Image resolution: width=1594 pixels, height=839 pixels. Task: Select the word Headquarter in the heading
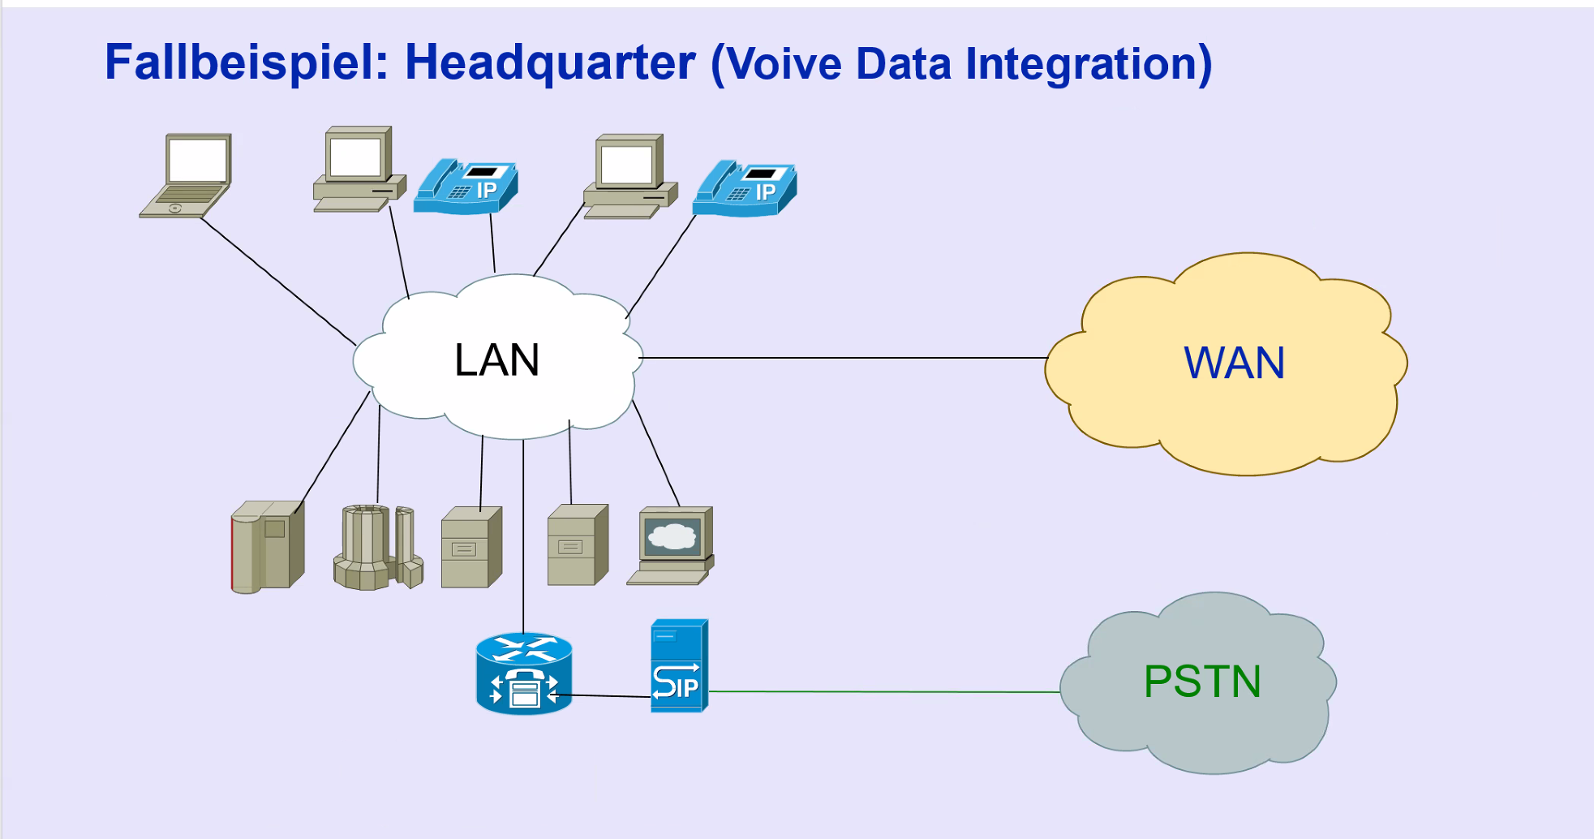click(x=550, y=62)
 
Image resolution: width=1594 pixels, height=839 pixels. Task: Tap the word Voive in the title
click(x=784, y=64)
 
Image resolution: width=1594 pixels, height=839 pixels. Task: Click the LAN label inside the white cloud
click(x=496, y=360)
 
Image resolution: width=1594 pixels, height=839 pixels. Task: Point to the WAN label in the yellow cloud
click(x=1234, y=363)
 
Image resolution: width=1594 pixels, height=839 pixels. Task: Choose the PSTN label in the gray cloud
click(x=1201, y=682)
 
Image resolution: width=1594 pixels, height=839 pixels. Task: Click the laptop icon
click(x=187, y=176)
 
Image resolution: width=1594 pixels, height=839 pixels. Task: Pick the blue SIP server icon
click(x=678, y=666)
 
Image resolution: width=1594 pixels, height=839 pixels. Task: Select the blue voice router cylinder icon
click(x=524, y=673)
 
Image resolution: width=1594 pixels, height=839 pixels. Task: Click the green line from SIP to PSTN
click(x=884, y=692)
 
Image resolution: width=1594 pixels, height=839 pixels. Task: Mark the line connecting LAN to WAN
click(x=844, y=358)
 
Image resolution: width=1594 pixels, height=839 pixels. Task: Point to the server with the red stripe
click(x=267, y=546)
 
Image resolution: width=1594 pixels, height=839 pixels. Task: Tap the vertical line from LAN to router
click(x=523, y=536)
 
